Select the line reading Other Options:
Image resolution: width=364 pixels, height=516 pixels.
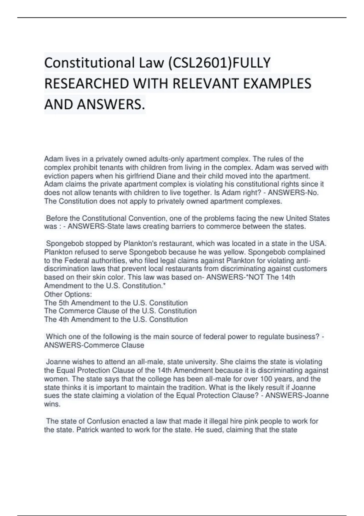point(68,294)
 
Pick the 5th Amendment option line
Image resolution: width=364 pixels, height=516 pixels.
point(116,303)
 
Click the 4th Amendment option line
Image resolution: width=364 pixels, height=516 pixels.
point(116,319)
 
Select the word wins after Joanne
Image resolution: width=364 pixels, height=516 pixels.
point(52,404)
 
